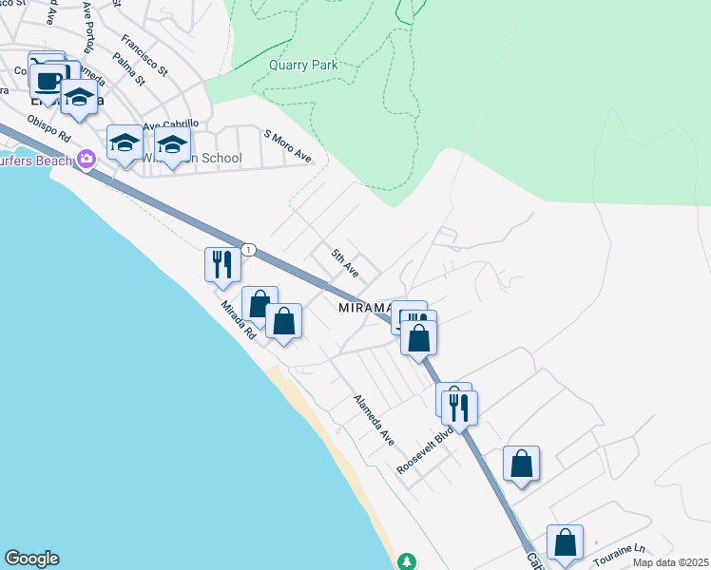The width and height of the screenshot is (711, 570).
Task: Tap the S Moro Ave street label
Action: pyautogui.click(x=288, y=146)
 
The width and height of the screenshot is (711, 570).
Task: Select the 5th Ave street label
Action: pyautogui.click(x=344, y=262)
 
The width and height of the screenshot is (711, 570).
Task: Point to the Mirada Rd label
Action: pyautogui.click(x=239, y=320)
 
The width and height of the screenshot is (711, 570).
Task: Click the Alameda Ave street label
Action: pyautogui.click(x=374, y=420)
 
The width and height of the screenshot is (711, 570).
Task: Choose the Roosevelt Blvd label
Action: pyautogui.click(x=424, y=452)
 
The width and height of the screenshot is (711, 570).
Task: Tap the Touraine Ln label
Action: pyautogui.click(x=620, y=555)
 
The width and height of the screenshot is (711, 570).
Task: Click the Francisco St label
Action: pyautogui.click(x=144, y=57)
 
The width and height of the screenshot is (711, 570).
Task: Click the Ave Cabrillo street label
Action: pyautogui.click(x=171, y=123)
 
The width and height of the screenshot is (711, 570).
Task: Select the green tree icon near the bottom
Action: pyautogui.click(x=407, y=560)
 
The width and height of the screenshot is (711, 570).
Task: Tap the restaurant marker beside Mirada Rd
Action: pyautogui.click(x=222, y=265)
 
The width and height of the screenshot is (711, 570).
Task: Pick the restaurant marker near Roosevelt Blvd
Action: pyautogui.click(x=460, y=408)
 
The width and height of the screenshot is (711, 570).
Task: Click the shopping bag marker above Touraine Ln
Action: pyautogui.click(x=565, y=542)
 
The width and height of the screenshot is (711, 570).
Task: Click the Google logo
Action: pyautogui.click(x=31, y=559)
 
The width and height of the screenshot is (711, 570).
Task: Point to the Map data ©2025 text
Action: pyautogui.click(x=671, y=562)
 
